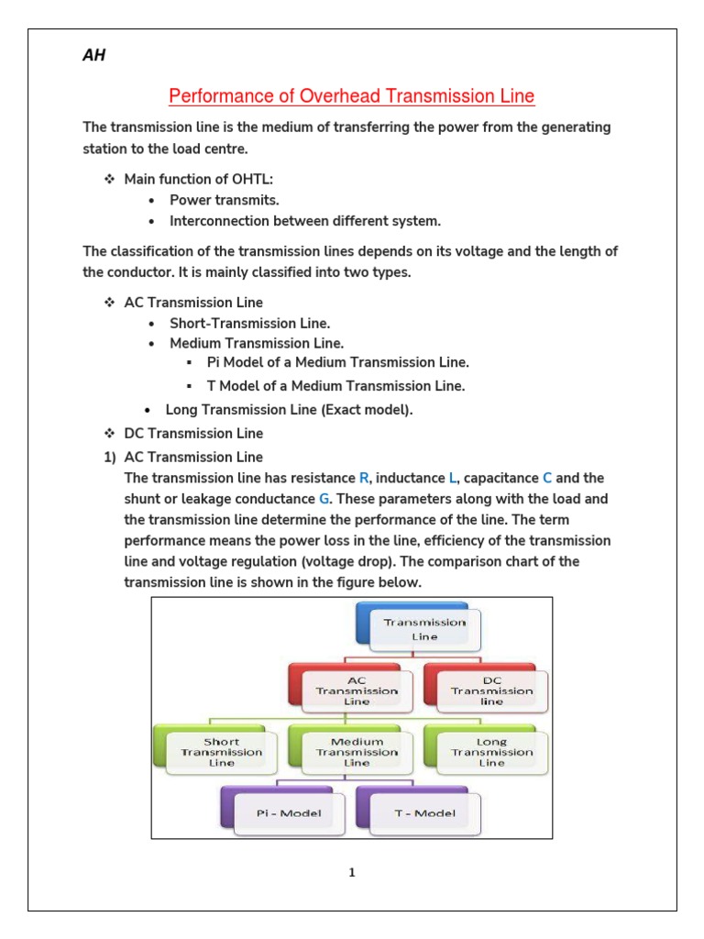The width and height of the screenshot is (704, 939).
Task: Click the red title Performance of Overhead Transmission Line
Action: [352, 96]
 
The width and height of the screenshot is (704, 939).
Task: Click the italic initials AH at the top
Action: [94, 57]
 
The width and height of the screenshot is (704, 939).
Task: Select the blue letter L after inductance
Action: [452, 478]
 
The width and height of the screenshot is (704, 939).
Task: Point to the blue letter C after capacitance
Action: [547, 478]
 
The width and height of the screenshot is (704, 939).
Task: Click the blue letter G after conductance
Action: [323, 499]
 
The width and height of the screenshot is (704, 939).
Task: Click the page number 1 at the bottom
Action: [351, 872]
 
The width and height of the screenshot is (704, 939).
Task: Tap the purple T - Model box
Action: [422, 812]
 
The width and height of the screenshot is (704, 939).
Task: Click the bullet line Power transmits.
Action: [225, 199]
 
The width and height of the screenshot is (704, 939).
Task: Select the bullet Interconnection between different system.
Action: [305, 221]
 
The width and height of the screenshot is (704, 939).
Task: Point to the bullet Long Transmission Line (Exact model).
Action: [289, 410]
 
